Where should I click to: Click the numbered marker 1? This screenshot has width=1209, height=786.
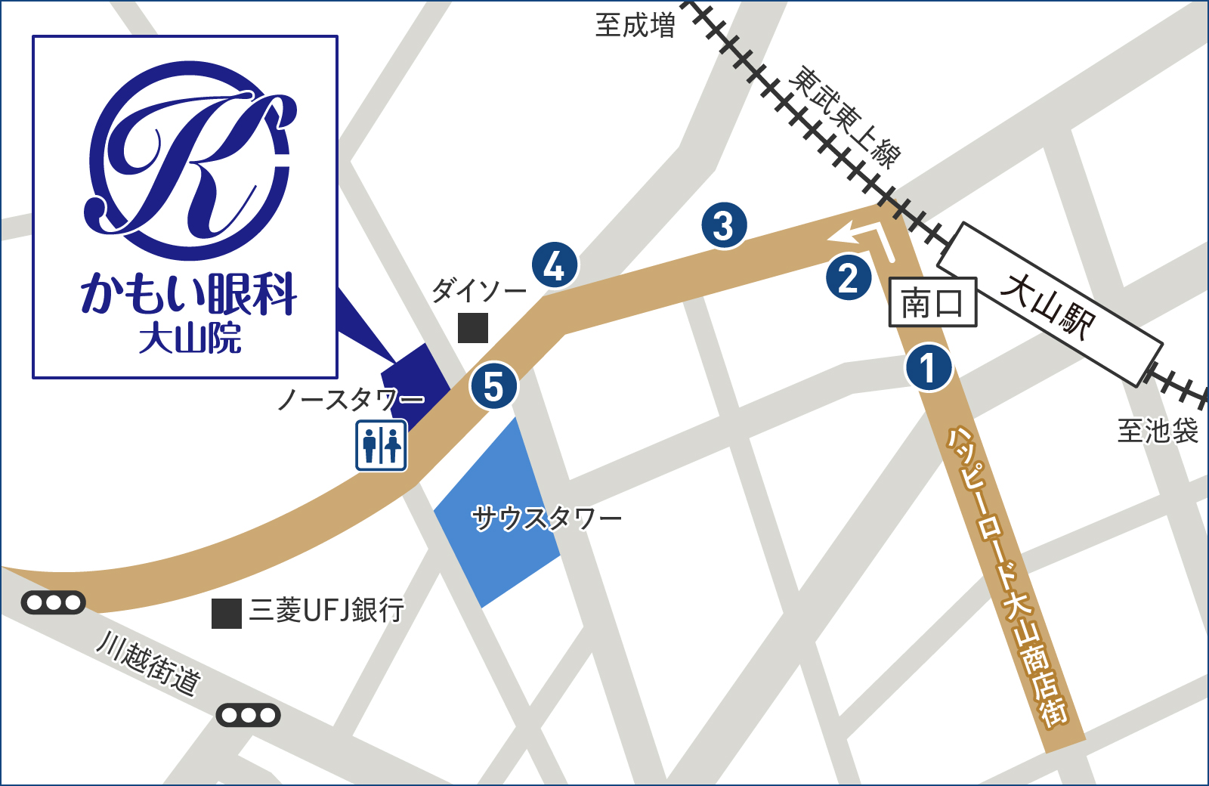coord(928,368)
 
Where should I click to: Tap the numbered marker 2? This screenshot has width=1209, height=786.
coord(849,277)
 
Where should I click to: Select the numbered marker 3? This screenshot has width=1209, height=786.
coord(724,225)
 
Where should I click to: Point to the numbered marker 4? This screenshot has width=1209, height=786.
coord(555,265)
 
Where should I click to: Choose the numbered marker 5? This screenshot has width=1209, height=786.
coord(493,386)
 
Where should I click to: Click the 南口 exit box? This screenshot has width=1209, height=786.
coord(932,303)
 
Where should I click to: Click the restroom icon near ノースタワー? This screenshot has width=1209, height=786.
coord(382,445)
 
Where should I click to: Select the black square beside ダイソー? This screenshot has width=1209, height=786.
coord(473,328)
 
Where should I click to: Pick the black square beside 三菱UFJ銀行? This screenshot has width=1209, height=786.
coord(226,614)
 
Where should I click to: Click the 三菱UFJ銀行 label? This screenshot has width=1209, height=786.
coord(327,610)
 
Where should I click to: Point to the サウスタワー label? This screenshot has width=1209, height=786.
coord(546,518)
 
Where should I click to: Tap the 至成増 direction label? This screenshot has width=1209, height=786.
coord(635,26)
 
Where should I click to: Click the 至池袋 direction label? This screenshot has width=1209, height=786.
coord(1158,431)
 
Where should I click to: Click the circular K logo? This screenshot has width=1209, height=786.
coord(189,160)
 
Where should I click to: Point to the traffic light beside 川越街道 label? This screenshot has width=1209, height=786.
coord(248,715)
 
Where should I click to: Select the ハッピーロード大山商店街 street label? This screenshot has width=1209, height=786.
coord(1008,577)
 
